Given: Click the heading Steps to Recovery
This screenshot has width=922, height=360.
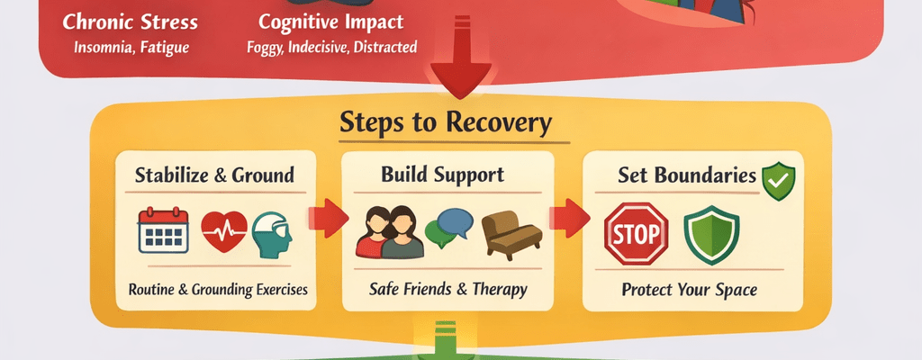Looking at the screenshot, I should (445, 123).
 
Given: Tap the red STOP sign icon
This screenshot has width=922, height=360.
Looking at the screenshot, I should (636, 232).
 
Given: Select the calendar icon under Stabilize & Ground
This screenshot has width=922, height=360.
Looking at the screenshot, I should (163, 232).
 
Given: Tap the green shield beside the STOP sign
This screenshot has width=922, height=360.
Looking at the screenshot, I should (711, 233).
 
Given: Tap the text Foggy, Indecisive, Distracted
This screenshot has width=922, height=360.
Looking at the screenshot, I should (331, 46).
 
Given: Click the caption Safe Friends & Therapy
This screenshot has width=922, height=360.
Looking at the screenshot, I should (447, 290).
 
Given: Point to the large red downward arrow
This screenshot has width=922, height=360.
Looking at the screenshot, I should (458, 72).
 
